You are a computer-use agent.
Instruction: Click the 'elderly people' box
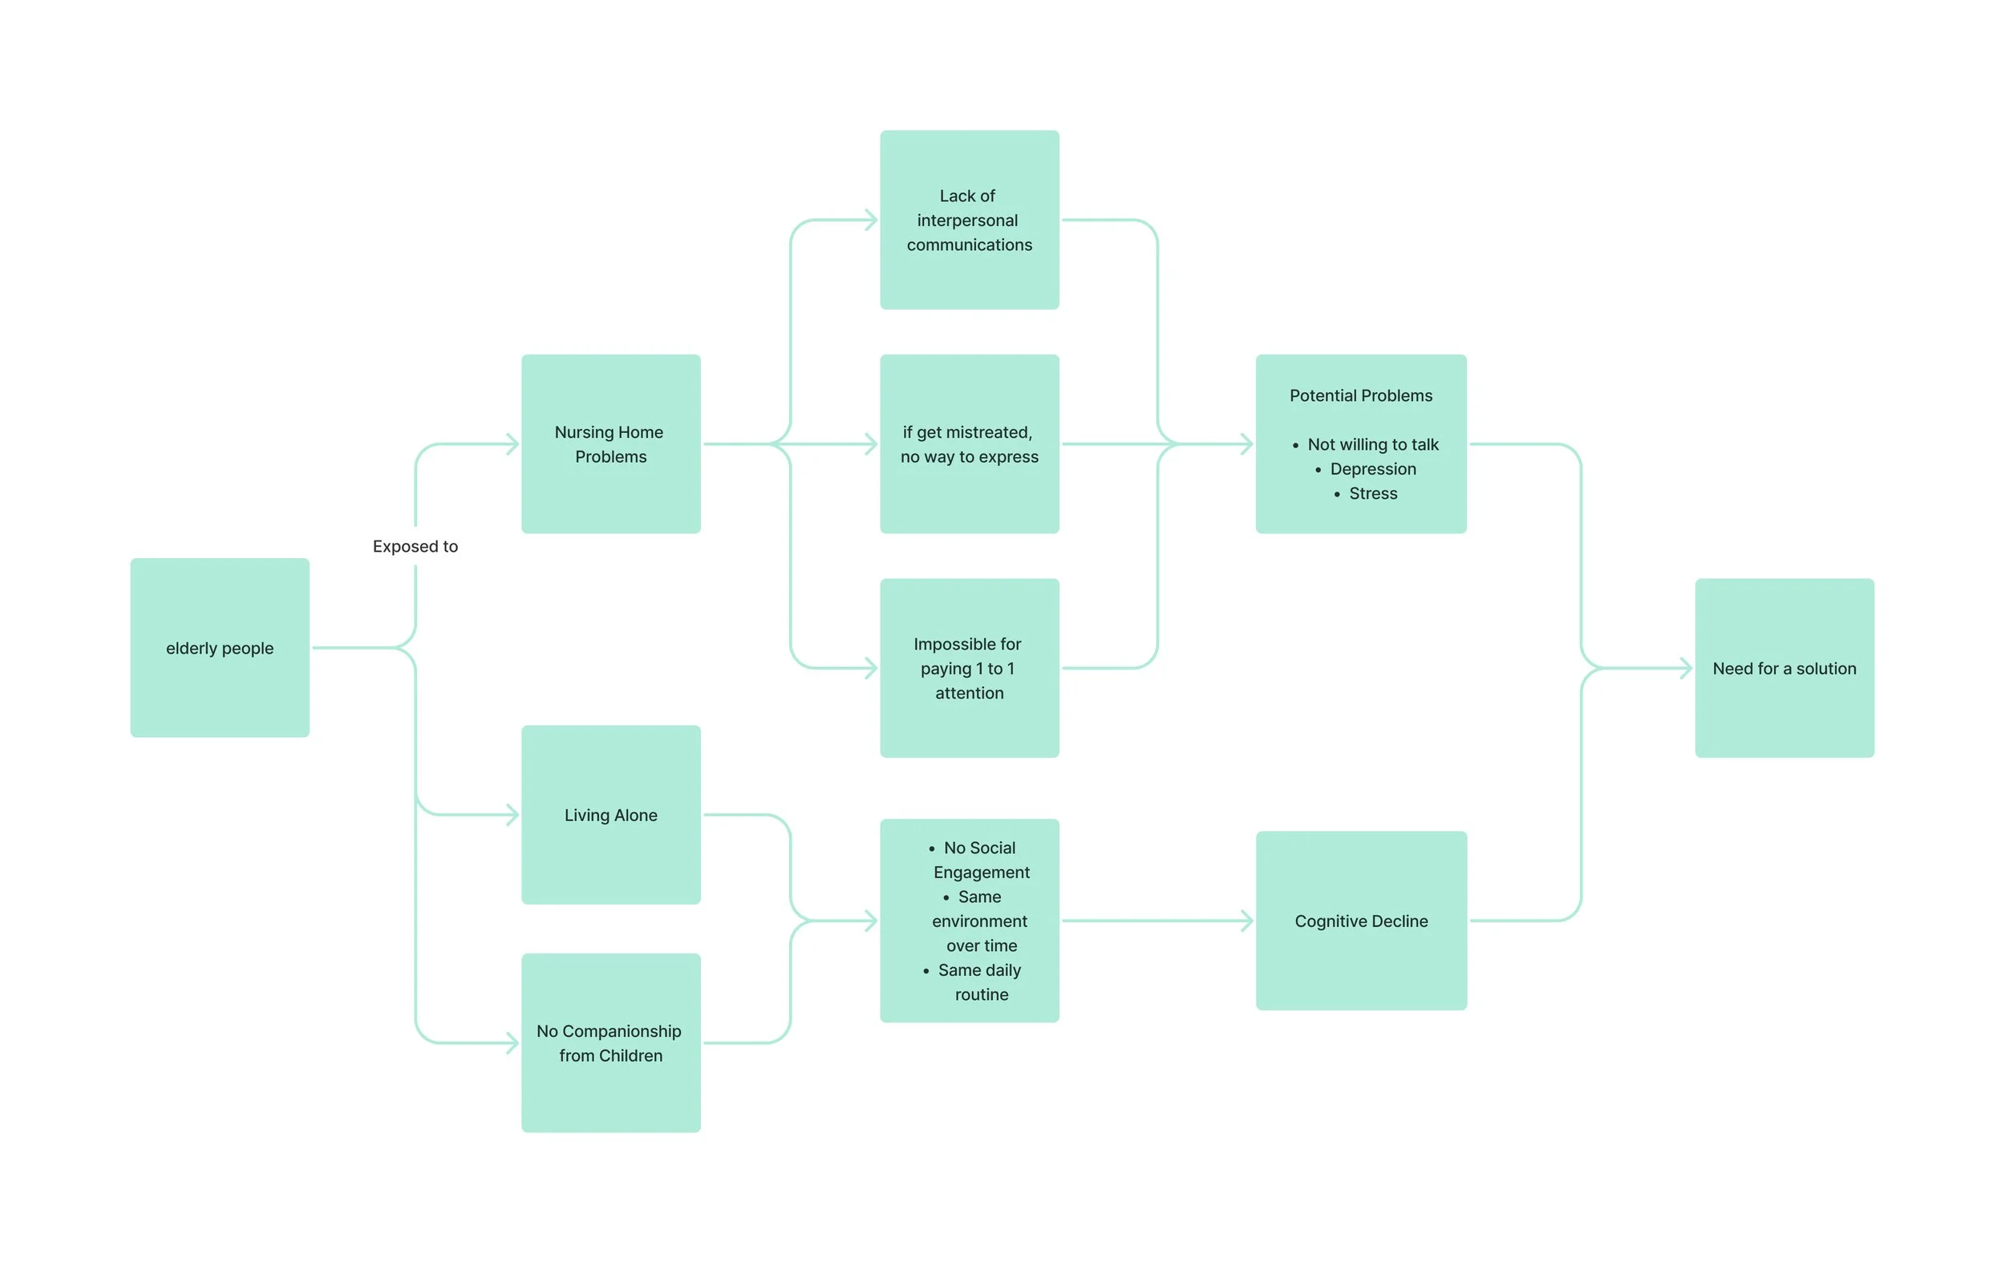pos(220,647)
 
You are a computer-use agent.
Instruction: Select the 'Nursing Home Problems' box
pos(610,443)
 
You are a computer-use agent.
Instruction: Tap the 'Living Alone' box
pos(610,814)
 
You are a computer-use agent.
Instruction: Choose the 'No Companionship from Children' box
pos(610,1042)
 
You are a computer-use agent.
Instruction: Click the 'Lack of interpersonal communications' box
pos(969,220)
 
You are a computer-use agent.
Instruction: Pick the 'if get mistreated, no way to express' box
pos(969,443)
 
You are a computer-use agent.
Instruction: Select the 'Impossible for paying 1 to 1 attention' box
pos(969,668)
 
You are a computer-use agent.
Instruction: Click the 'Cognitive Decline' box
pos(1360,921)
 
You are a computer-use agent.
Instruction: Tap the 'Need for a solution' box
pos(1784,668)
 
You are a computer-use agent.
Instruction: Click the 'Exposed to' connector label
pos(415,546)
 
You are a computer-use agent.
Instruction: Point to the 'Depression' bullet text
pos(1372,469)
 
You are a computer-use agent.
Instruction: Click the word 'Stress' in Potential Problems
pos(1372,493)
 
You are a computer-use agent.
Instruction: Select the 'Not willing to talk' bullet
pos(1372,444)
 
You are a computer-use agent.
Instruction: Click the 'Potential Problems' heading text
pos(1360,395)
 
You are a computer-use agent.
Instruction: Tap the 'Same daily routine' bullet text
pos(980,982)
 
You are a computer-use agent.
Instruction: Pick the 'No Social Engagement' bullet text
pos(980,860)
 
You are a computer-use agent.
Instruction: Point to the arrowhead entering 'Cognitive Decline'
pos(1246,921)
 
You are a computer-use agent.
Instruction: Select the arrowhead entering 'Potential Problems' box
pos(1246,443)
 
